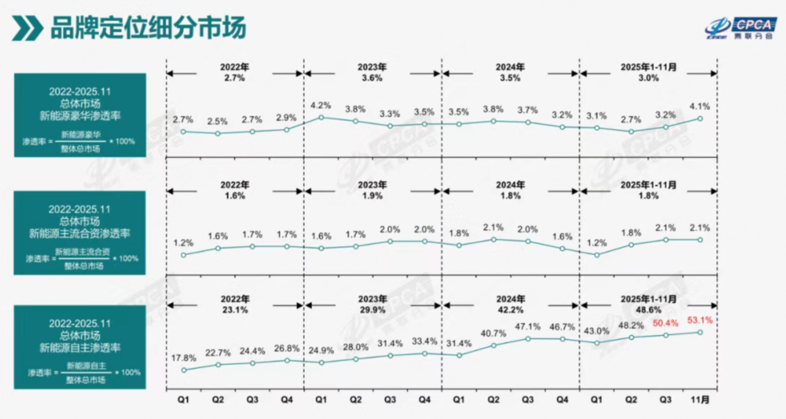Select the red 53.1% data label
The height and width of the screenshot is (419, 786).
[x=700, y=320]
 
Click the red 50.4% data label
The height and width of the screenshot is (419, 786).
[x=665, y=323]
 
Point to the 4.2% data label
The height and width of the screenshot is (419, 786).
[x=321, y=105]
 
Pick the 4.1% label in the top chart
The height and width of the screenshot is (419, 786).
[x=700, y=106]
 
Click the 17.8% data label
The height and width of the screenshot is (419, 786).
[x=183, y=358]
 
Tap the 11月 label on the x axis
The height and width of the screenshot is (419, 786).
[x=700, y=399]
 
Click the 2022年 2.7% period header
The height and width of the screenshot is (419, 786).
[x=235, y=74]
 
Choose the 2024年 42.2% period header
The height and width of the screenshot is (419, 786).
[x=510, y=303]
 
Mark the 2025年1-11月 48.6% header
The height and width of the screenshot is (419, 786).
[x=648, y=303]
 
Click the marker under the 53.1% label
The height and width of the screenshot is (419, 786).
[x=700, y=333]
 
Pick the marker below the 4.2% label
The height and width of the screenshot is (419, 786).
[x=321, y=118]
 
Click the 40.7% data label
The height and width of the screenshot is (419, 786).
[x=493, y=333]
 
